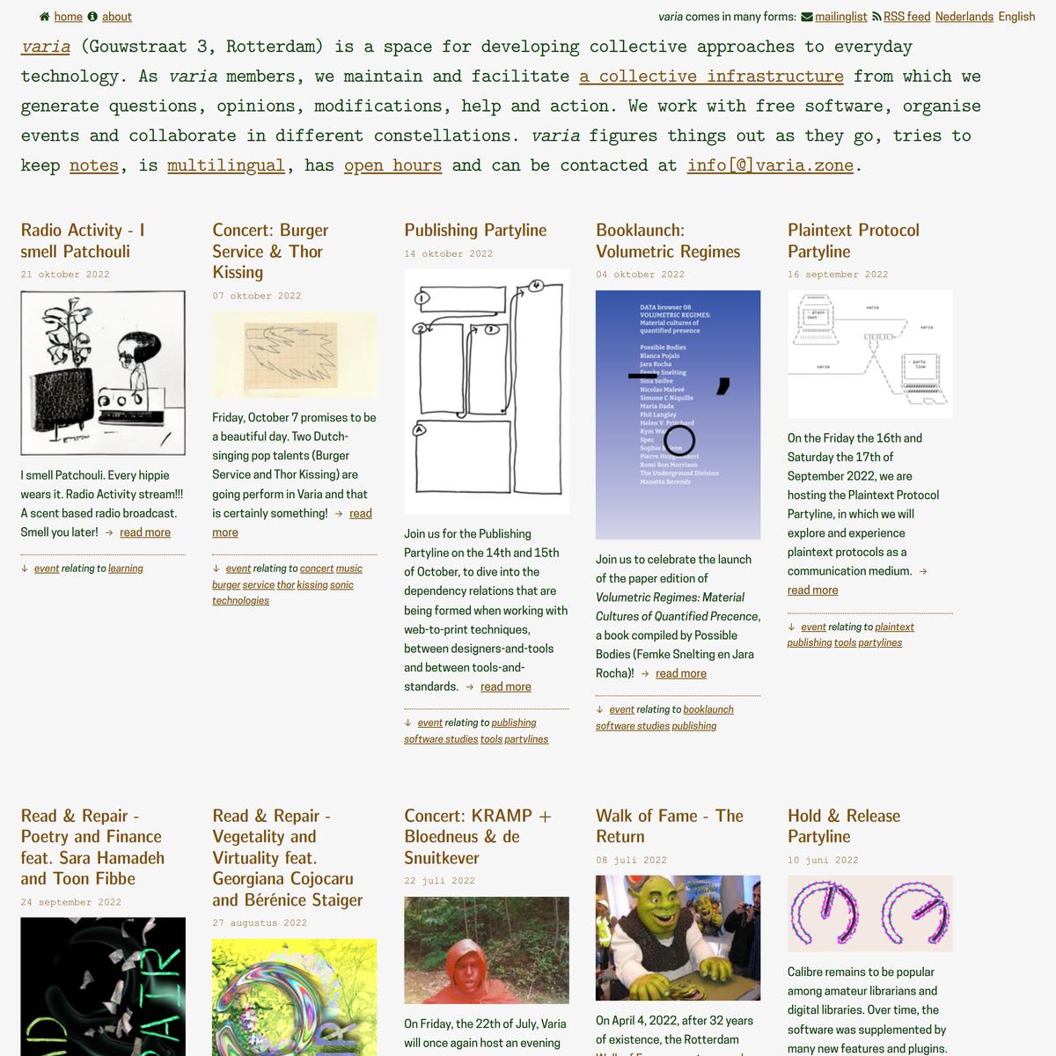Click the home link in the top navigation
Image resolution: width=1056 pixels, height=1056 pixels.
click(68, 17)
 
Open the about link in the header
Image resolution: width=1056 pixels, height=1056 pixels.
click(116, 17)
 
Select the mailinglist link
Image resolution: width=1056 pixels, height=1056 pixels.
click(840, 17)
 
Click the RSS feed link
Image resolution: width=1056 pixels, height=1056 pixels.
click(906, 17)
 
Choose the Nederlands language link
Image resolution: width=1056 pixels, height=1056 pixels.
click(964, 17)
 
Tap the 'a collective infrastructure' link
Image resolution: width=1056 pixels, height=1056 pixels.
click(711, 77)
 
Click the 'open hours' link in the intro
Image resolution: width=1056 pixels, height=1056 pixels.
click(392, 165)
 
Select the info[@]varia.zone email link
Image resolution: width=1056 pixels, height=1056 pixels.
click(770, 165)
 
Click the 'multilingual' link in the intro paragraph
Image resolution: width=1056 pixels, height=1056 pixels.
click(226, 165)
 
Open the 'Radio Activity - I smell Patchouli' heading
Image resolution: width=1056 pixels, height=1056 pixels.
click(83, 240)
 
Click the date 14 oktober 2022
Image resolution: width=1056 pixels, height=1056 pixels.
click(449, 253)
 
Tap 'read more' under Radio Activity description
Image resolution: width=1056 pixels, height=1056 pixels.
click(145, 532)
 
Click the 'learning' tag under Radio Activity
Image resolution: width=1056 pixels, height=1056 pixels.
click(126, 568)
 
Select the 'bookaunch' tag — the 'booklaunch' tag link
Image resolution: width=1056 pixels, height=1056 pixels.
click(708, 709)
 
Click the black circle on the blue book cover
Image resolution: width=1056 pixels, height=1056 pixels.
click(679, 439)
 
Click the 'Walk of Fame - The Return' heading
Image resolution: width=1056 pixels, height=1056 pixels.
click(670, 826)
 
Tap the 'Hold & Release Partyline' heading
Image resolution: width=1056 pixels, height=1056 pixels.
click(844, 826)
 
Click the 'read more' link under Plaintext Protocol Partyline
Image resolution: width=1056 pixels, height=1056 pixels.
click(812, 590)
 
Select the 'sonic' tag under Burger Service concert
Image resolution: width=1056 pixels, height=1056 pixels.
click(341, 585)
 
